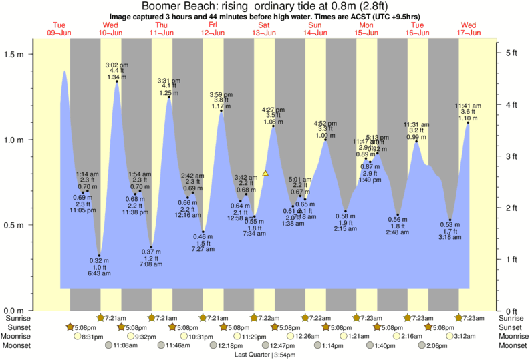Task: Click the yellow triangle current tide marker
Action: tap(266, 174)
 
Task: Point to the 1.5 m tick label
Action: tap(14, 54)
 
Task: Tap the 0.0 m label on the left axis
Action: tap(14, 311)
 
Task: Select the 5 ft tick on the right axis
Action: tap(511, 52)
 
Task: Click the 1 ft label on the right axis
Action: tap(511, 259)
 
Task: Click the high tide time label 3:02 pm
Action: tap(117, 64)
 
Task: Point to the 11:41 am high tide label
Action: tap(467, 105)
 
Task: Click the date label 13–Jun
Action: tap(263, 33)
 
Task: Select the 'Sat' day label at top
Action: tap(263, 25)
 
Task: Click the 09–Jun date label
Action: tap(59, 33)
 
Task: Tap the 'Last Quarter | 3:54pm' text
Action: tap(265, 354)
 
